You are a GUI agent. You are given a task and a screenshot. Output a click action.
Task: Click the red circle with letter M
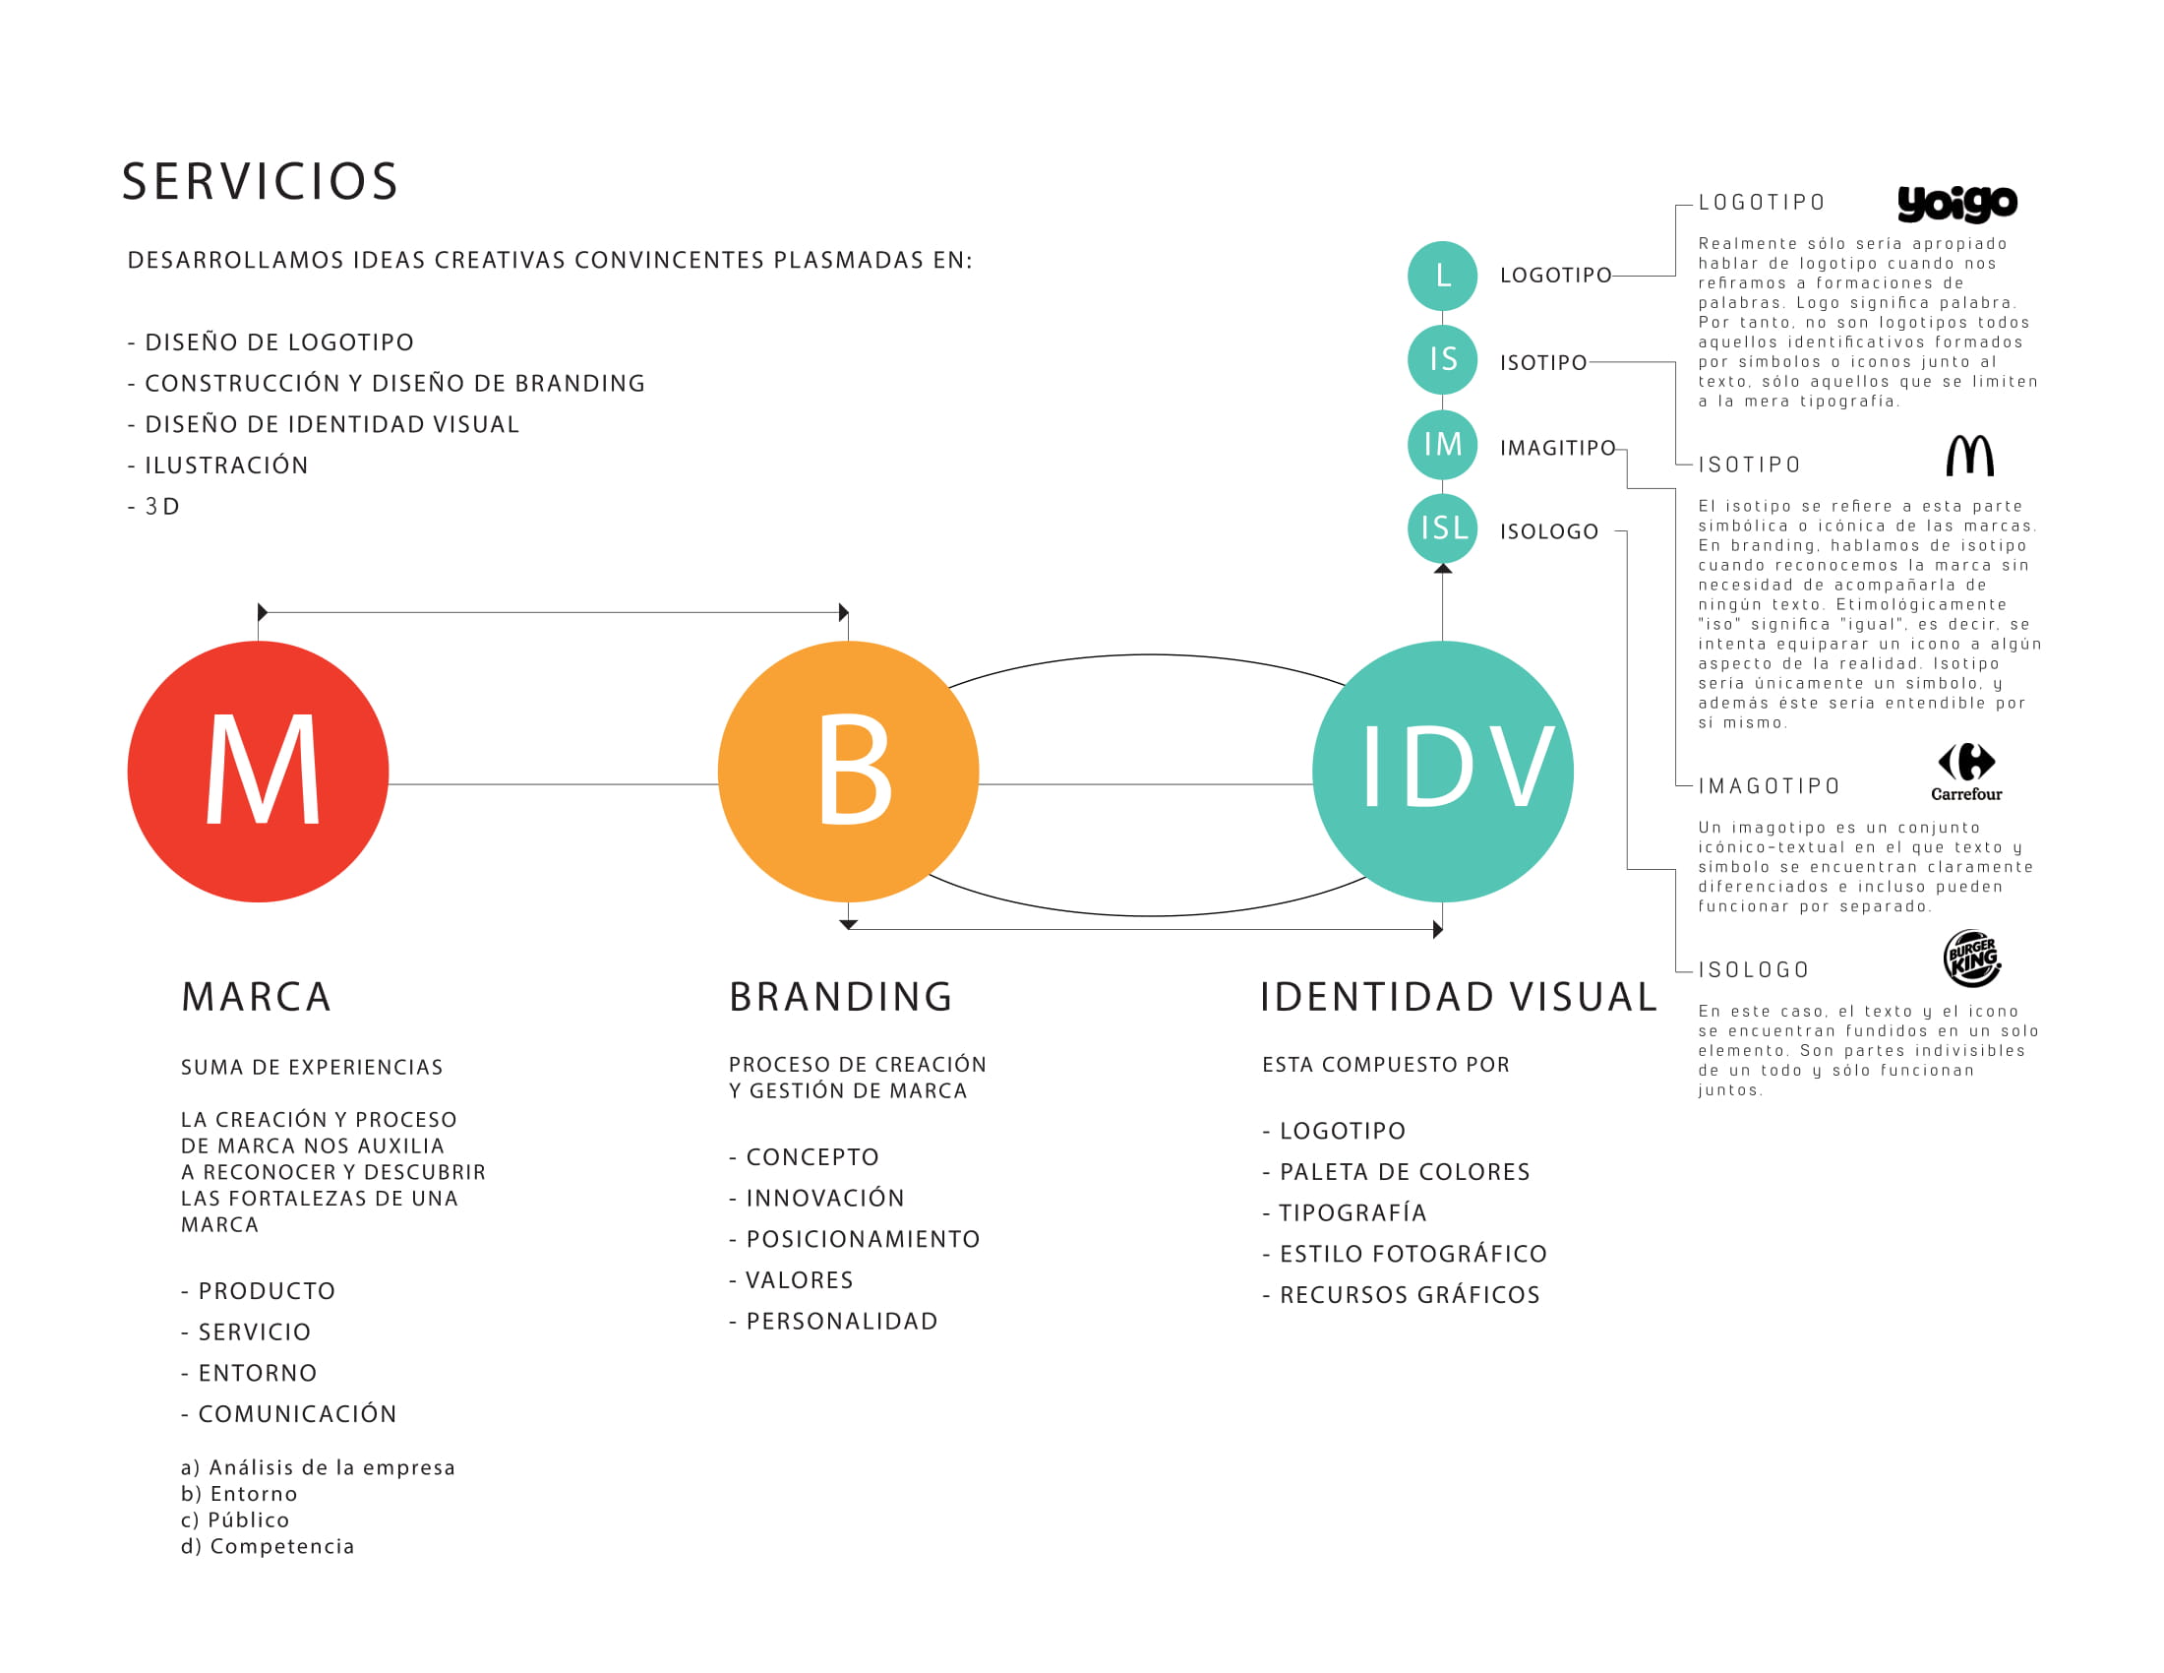tap(258, 772)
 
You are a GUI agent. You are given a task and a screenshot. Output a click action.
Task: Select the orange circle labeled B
tap(848, 772)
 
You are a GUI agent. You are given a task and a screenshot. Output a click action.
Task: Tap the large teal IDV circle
tap(1443, 772)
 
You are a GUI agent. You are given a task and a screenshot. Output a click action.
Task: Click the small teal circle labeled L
tap(1443, 276)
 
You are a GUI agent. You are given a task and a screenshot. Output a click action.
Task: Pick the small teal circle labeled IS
tap(1443, 359)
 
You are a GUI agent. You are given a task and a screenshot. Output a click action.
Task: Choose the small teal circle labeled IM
tap(1443, 444)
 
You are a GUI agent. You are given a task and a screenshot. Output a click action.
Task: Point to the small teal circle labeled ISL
tap(1443, 527)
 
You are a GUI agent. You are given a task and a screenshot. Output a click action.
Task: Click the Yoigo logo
tap(1956, 203)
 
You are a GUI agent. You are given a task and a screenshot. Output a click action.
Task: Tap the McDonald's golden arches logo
tap(1970, 456)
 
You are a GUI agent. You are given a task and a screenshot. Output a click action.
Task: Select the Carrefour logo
tap(1967, 772)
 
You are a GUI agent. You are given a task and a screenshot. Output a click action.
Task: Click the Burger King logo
tap(1972, 959)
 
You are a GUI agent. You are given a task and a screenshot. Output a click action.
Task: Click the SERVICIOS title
tap(260, 182)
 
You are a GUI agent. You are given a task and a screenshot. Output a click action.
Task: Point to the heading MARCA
tap(256, 997)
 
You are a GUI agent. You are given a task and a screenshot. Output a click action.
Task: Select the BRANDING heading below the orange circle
tap(840, 997)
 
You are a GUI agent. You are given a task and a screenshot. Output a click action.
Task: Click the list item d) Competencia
tap(268, 1546)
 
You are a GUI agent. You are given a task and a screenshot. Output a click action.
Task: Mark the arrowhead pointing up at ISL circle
tap(1443, 569)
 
